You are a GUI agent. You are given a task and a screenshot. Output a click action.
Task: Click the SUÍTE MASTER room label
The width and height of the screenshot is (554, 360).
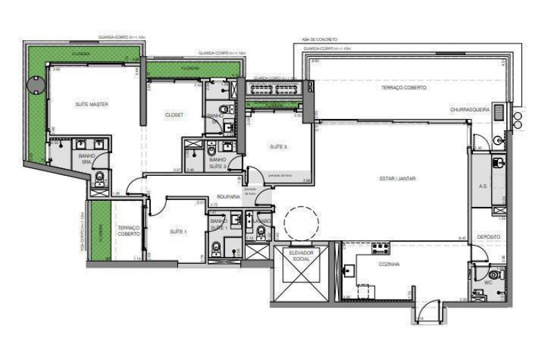pos(91,104)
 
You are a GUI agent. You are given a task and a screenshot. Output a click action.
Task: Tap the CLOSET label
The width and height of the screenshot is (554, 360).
pos(174,115)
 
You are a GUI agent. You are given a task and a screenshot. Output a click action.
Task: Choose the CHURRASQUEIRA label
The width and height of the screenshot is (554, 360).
pos(470,109)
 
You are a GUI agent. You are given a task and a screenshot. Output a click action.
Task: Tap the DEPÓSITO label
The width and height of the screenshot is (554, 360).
pos(489,236)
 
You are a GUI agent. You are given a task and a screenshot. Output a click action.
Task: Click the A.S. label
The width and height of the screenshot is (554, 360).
pos(483,186)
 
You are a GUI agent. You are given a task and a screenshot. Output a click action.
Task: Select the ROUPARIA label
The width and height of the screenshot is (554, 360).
pos(228,197)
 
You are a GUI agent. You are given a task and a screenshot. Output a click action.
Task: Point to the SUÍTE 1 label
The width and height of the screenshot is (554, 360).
pos(177,231)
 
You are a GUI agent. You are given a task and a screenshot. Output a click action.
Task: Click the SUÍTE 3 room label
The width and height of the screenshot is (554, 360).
pos(278,147)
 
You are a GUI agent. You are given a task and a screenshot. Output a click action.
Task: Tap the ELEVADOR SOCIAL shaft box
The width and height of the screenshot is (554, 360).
pos(301,274)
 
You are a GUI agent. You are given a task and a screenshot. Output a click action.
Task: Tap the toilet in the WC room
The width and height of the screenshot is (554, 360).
pos(494,274)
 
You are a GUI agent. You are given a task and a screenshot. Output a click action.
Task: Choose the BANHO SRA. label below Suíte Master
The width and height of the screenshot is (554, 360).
pos(87,159)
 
